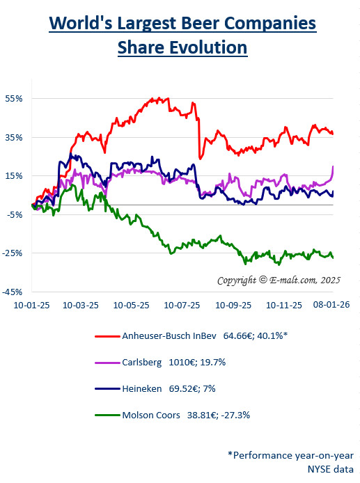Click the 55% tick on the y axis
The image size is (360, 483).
pos(15,99)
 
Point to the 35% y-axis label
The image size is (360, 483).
pos(15,137)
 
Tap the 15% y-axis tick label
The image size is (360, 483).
pos(15,175)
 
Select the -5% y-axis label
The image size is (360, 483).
pos(15,214)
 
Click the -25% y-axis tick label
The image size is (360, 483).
pos(13,253)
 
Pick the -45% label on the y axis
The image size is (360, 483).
pos(13,292)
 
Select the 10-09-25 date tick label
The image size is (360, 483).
pos(233,306)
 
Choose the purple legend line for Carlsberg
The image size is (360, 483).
pos(106,363)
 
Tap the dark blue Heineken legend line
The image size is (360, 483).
pos(106,389)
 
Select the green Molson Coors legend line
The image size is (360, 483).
pos(106,415)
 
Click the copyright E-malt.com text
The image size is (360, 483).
pos(277,280)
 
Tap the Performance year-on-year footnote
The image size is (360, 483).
pos(291,454)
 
